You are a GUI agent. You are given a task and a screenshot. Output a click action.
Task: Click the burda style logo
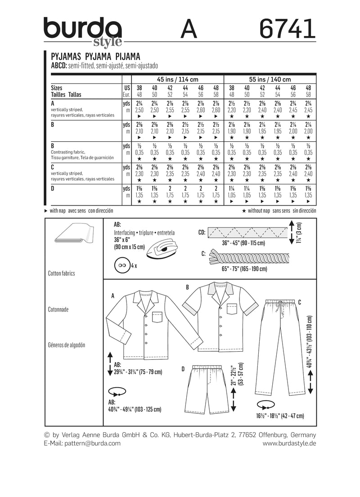coord(83,31)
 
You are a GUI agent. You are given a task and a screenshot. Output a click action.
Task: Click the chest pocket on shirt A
coord(157,317)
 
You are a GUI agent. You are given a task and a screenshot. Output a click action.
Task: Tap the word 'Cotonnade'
coord(58,309)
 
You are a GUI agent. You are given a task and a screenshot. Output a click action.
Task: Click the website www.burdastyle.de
coord(289,443)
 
